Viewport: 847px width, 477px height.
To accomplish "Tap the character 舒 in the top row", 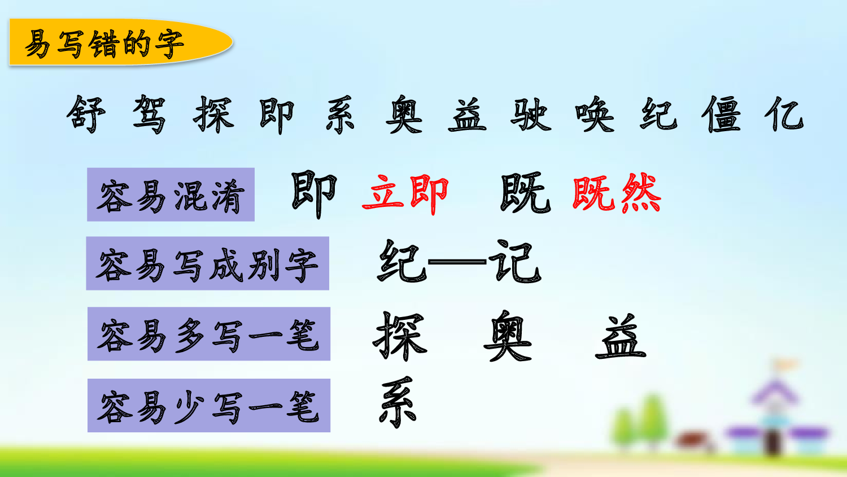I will [86, 115].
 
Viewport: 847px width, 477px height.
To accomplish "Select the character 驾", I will [150, 115].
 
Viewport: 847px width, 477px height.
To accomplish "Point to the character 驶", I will [530, 115].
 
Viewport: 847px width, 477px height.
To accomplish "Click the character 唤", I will [595, 115].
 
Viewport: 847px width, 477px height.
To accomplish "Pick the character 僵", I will [721, 115].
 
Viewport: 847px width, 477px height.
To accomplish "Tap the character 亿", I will [784, 115].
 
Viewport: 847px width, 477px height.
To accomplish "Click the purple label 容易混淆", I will [171, 195].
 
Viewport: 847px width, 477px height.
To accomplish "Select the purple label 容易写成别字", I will [207, 264].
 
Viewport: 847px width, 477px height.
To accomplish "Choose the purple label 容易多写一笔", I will [208, 334].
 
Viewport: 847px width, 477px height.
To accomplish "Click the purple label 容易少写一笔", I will [208, 406].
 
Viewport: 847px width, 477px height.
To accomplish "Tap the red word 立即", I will [405, 194].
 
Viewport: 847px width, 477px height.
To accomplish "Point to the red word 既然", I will [616, 194].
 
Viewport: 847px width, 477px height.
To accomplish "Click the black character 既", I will [525, 194].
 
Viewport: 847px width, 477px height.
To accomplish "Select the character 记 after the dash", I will [514, 262].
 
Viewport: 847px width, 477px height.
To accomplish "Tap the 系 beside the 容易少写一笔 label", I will [398, 402].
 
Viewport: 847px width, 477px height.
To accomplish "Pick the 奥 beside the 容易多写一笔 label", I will [508, 336].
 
